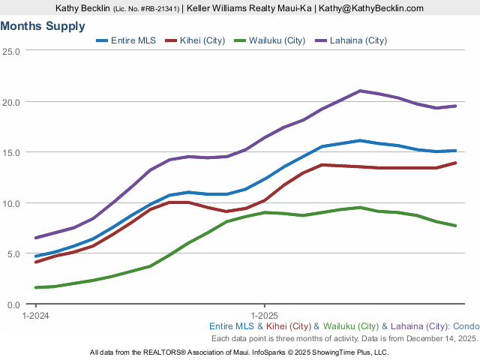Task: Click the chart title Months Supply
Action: coord(43,25)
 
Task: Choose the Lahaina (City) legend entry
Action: coord(351,40)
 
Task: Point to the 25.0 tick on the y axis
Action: coord(11,51)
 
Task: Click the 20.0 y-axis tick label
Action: coord(11,101)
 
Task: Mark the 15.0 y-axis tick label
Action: coord(11,152)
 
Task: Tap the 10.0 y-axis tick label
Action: coord(11,203)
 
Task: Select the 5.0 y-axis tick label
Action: coord(13,253)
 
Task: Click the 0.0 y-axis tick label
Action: coord(13,304)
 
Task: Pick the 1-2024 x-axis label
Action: coord(36,316)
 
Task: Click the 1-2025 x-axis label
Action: coord(265,316)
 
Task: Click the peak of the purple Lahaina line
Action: coord(361,91)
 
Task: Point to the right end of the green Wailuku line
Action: coord(455,225)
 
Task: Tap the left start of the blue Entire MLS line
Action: coord(36,256)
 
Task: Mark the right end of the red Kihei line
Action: coord(455,163)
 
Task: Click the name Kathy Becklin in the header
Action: coord(82,7)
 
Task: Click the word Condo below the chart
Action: coord(465,326)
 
